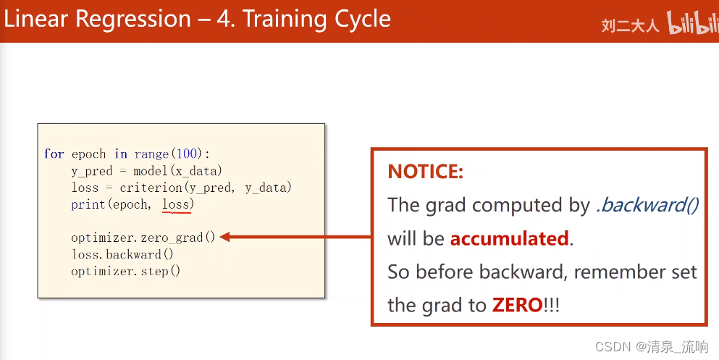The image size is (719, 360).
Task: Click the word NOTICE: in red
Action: pyautogui.click(x=425, y=172)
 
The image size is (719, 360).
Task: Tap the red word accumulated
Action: pyautogui.click(x=509, y=238)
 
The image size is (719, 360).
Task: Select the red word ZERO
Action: pyautogui.click(x=517, y=305)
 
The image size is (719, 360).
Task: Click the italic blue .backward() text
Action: pyautogui.click(x=647, y=205)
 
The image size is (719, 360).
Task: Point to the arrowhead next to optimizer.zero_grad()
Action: pyautogui.click(x=225, y=237)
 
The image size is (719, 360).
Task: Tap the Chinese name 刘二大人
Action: pyautogui.click(x=630, y=25)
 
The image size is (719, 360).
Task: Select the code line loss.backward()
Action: pyautogui.click(x=122, y=254)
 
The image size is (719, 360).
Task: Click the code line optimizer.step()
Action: pyautogui.click(x=125, y=272)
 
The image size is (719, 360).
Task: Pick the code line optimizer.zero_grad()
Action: pyautogui.click(x=143, y=238)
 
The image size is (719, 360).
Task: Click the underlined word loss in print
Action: pyautogui.click(x=175, y=204)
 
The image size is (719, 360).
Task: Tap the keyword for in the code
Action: pyautogui.click(x=54, y=154)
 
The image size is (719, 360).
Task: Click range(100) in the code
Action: pyautogui.click(x=171, y=154)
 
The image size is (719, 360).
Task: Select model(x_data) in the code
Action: pyautogui.click(x=177, y=171)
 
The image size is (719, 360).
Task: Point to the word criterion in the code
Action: pyautogui.click(x=151, y=188)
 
